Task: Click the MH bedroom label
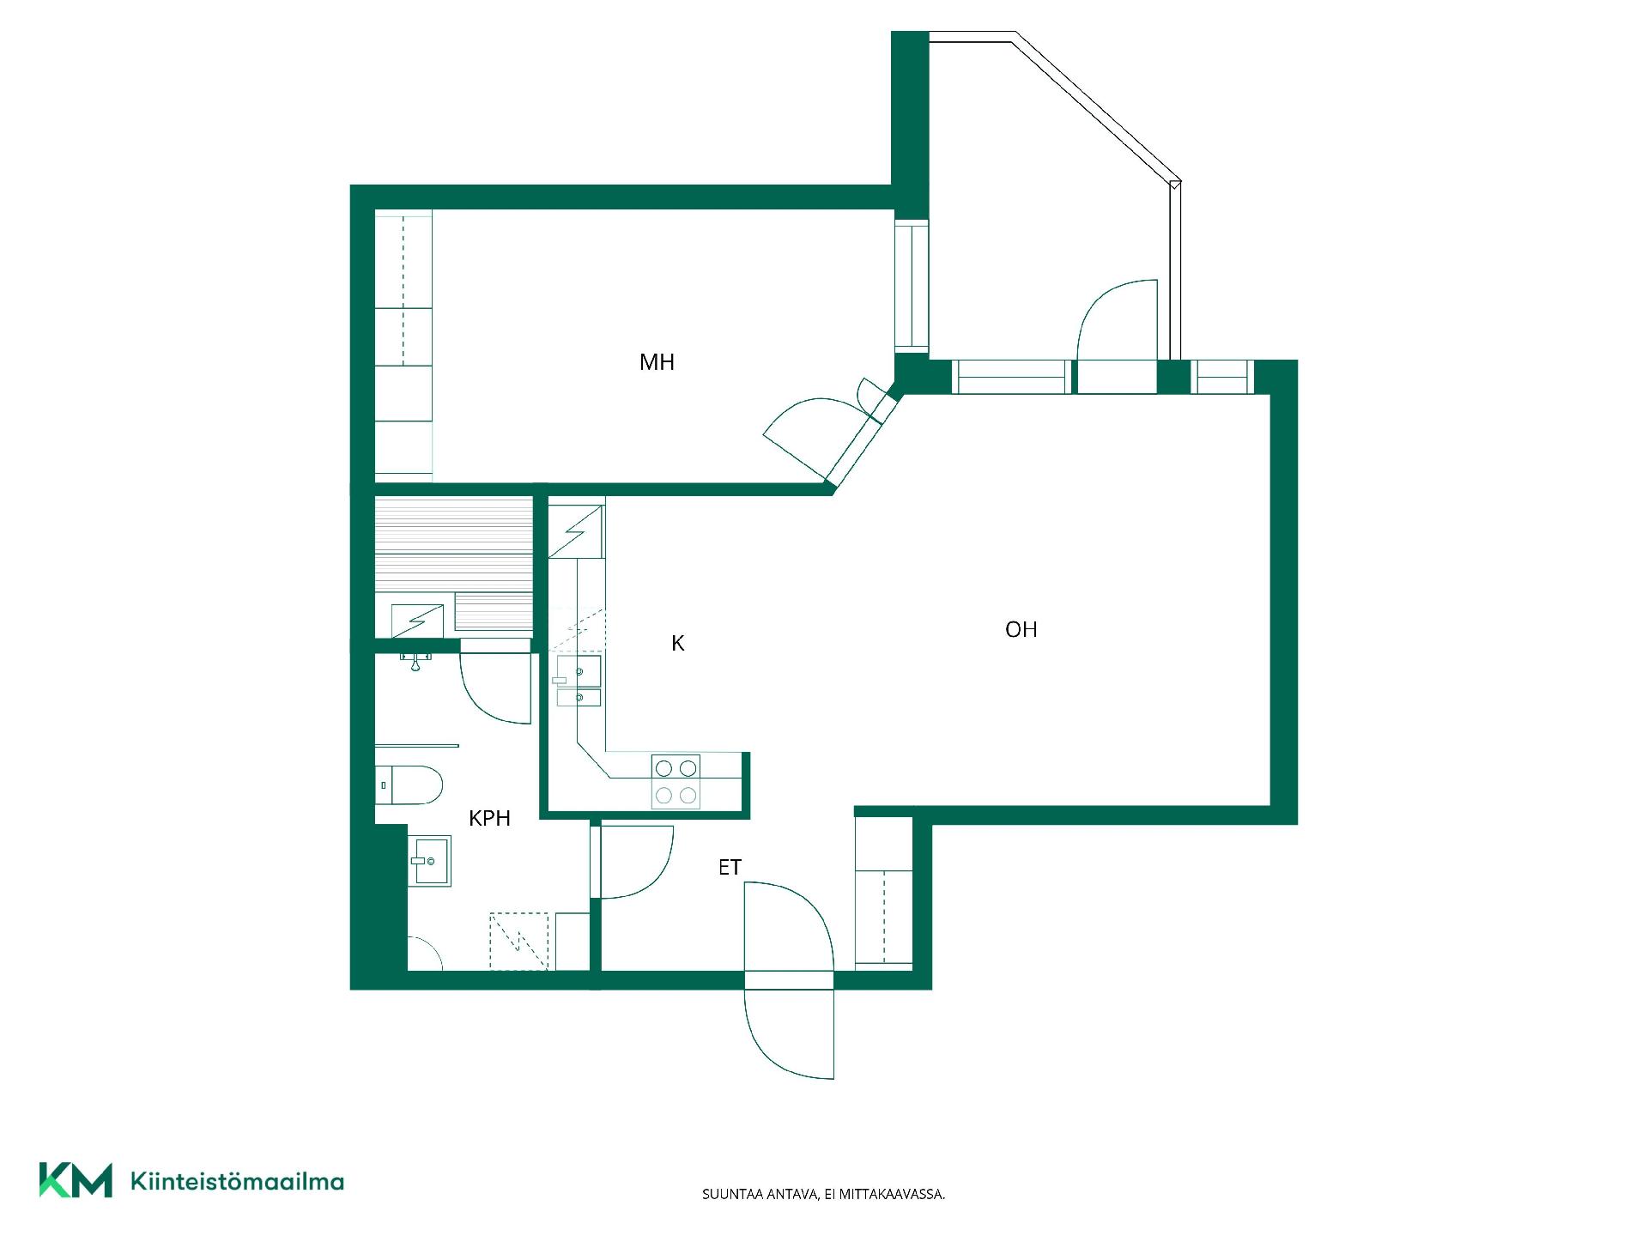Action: (x=657, y=362)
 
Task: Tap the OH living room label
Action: (x=1021, y=630)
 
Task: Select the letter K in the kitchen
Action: (x=678, y=643)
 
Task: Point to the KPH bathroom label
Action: (x=489, y=818)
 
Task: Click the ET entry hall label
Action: (x=730, y=868)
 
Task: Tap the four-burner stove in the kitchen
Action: (x=676, y=781)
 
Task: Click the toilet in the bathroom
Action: (x=409, y=785)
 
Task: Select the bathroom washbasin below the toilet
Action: (x=429, y=860)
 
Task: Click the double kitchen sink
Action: (x=579, y=681)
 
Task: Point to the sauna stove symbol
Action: (x=418, y=621)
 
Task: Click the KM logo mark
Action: (x=76, y=1180)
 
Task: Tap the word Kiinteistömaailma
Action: (x=237, y=1181)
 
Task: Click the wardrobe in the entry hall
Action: (x=884, y=893)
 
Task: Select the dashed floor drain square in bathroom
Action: (x=518, y=942)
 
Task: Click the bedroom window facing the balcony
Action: (x=912, y=286)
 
